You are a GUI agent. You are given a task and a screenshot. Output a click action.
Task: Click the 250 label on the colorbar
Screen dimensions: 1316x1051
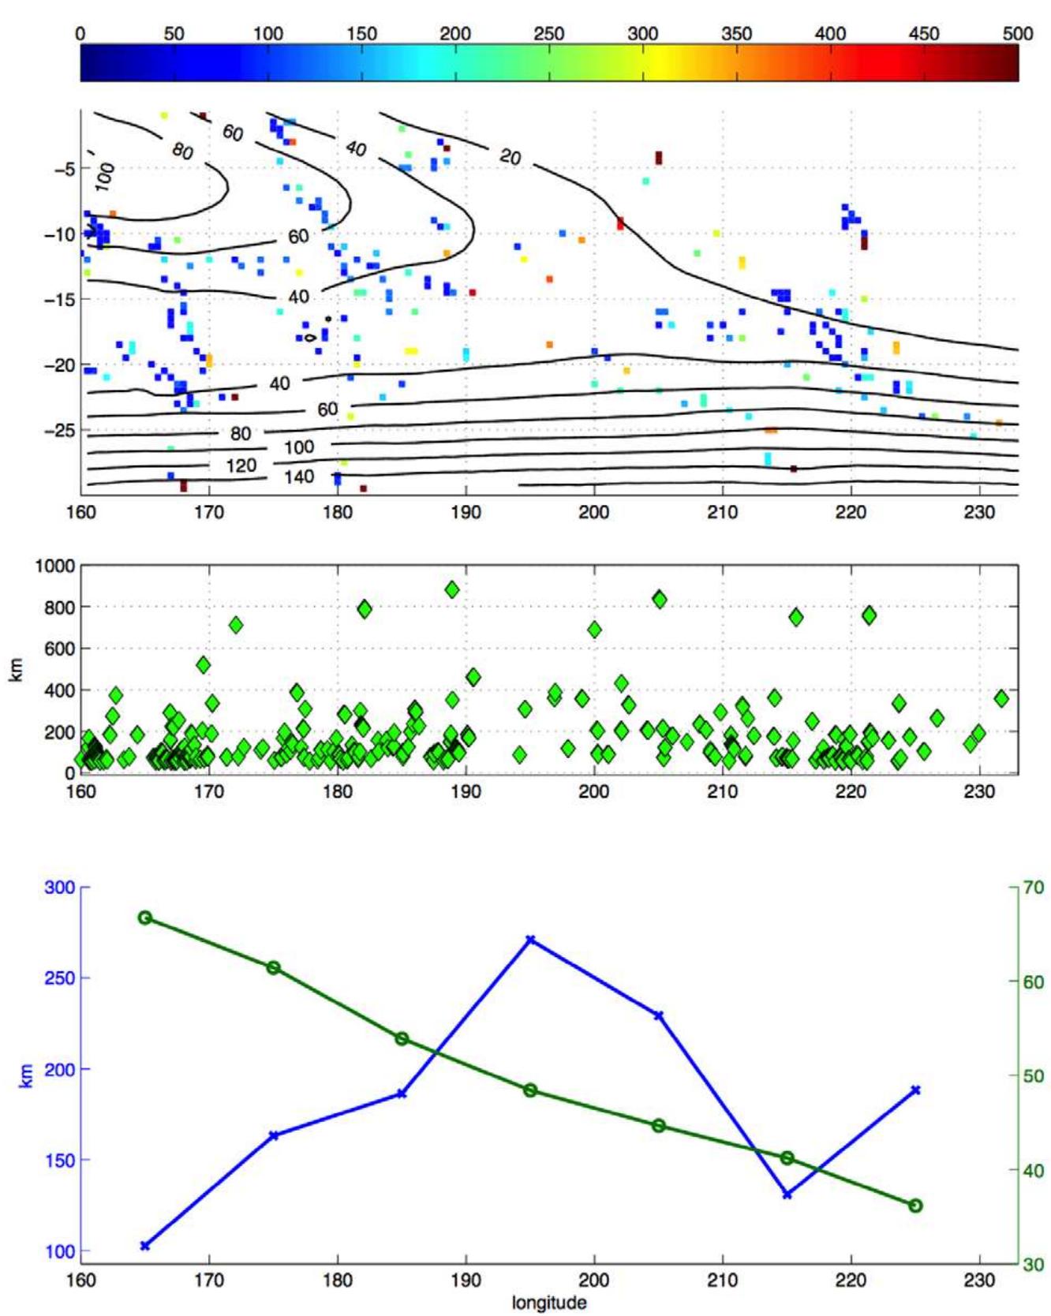coord(548,34)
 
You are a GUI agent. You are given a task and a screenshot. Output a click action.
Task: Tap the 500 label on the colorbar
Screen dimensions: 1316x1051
coord(1017,34)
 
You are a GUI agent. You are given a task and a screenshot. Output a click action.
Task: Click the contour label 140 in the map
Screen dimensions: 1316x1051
coord(299,477)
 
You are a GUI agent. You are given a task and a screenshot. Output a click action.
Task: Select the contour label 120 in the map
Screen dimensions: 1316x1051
coord(241,465)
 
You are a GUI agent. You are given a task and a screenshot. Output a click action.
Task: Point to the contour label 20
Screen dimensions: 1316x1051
coord(511,157)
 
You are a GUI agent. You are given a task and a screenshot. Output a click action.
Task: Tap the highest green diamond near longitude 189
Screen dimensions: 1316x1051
coord(452,589)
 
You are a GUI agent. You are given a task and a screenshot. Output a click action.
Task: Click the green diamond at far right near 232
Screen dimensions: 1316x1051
coord(1001,698)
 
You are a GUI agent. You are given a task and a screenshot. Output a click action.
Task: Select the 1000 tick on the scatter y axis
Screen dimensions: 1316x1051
coord(55,566)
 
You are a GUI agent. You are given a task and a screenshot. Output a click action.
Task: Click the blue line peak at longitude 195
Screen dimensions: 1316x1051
coord(530,940)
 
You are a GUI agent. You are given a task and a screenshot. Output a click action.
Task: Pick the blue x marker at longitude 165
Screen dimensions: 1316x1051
coord(145,1246)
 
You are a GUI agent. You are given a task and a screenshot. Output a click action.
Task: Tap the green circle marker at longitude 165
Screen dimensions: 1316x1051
coord(145,918)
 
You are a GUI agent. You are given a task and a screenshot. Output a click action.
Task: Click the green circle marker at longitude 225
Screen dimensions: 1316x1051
coord(915,1206)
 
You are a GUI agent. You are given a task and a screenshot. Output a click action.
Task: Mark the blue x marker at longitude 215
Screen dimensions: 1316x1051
coord(787,1194)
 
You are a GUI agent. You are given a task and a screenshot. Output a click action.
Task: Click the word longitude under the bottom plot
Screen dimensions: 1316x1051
coord(549,1303)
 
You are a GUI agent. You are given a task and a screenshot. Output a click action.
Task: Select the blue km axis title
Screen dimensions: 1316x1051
coord(26,1075)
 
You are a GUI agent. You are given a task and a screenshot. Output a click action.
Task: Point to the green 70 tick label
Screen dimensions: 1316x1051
coord(1034,888)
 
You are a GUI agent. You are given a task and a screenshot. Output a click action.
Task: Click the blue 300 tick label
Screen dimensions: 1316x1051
coord(60,888)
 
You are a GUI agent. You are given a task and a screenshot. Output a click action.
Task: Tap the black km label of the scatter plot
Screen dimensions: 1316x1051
coord(17,669)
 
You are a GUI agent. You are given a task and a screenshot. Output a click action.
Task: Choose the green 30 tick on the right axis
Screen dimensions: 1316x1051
coord(1034,1264)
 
